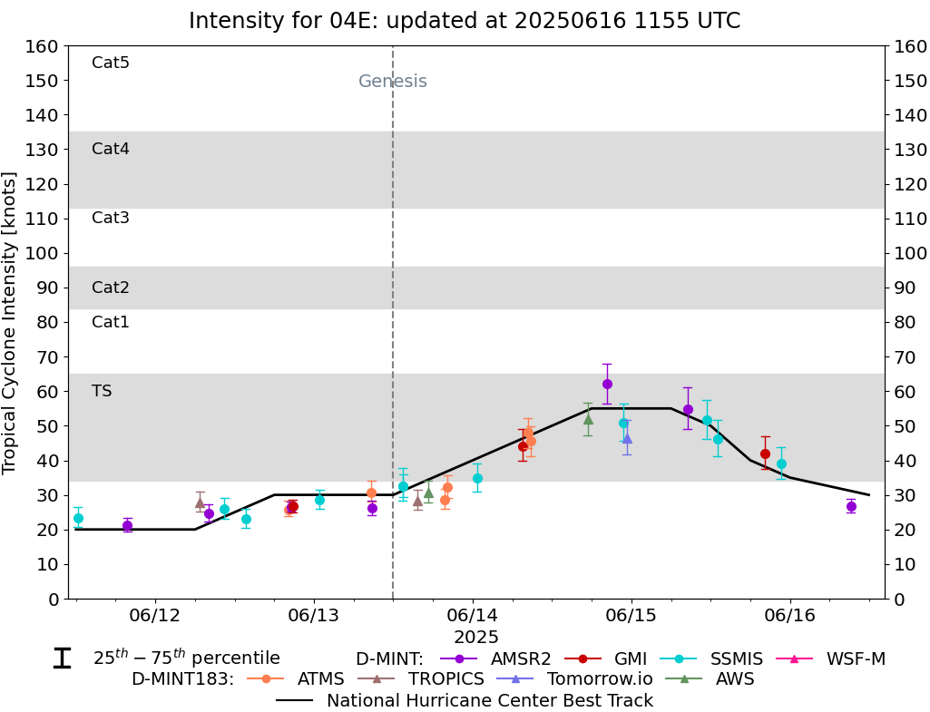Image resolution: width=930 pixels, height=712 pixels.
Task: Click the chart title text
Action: point(465,21)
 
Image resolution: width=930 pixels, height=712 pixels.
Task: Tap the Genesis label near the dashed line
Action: point(392,82)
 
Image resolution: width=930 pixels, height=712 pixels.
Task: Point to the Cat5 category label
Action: point(111,63)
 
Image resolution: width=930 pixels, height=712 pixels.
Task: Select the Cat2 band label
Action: point(111,288)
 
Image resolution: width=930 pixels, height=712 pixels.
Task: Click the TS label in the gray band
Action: point(102,391)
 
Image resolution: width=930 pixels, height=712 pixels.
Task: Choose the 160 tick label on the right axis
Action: point(909,46)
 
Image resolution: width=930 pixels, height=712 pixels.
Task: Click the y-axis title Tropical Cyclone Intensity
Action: point(10,322)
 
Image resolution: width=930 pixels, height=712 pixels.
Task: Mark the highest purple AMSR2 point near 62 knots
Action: point(607,384)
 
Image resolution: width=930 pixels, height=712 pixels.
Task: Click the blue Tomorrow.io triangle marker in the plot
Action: point(627,438)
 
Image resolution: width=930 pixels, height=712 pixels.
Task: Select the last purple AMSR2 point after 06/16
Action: point(851,506)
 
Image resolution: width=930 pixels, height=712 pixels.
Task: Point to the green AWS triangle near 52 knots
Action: point(588,419)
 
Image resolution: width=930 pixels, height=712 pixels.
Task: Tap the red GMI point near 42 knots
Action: point(765,454)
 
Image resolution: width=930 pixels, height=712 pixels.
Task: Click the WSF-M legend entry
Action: point(856,659)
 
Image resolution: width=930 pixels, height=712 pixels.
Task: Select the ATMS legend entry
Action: point(318,678)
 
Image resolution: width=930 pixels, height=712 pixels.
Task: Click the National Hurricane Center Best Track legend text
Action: point(490,700)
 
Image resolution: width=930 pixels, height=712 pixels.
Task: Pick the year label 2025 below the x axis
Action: point(476,638)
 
